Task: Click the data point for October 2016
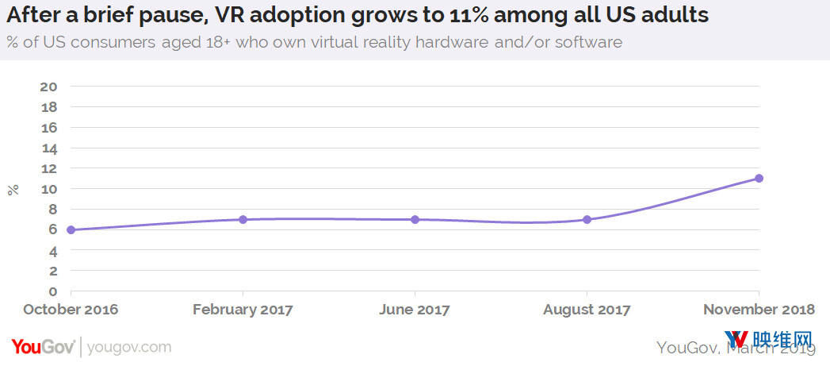point(71,230)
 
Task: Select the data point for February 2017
point(243,219)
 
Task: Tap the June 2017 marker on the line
point(415,219)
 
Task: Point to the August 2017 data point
point(587,219)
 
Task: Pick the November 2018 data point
point(759,178)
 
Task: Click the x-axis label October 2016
point(71,310)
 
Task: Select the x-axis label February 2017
point(243,310)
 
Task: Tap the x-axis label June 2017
point(415,310)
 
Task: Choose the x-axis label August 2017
point(587,310)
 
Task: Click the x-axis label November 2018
point(759,310)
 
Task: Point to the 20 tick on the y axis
point(50,87)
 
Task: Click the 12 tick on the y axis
point(50,168)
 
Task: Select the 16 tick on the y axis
point(50,127)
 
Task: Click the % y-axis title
point(13,189)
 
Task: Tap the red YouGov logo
point(43,347)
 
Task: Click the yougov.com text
point(128,347)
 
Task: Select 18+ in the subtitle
point(239,42)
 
